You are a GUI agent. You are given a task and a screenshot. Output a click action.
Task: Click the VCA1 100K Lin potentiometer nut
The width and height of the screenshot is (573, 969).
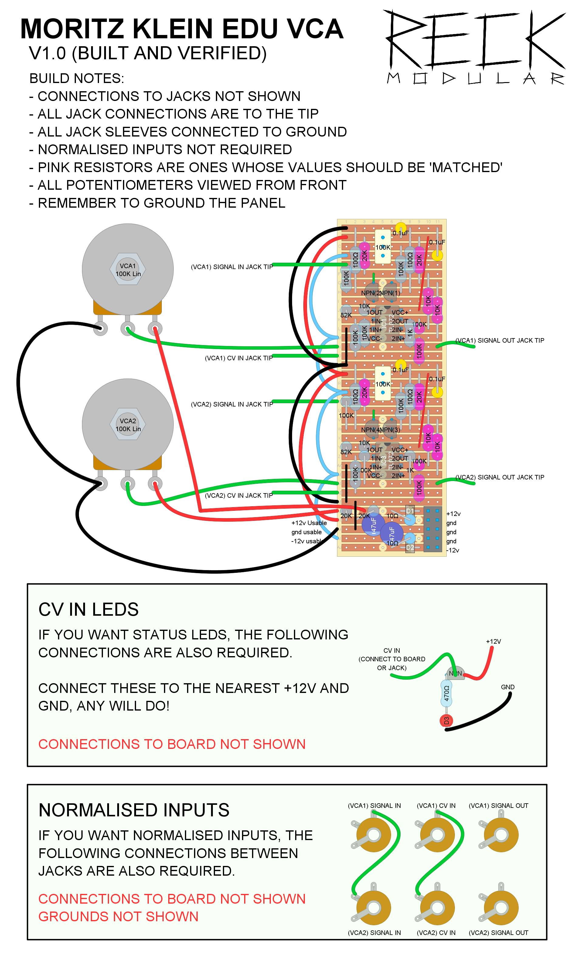point(128,270)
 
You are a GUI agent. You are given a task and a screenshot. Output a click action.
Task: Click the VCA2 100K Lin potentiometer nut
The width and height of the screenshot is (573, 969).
point(128,425)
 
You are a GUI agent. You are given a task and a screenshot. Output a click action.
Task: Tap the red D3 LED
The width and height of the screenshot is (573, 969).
point(446,721)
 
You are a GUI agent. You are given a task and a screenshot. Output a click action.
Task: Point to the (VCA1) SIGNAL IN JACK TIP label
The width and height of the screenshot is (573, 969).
point(232,267)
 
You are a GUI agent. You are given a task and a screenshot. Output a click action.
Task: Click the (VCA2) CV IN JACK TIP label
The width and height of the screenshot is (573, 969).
point(239,496)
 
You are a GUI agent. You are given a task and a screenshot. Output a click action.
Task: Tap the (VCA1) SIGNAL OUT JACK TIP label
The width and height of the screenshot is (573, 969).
point(500,341)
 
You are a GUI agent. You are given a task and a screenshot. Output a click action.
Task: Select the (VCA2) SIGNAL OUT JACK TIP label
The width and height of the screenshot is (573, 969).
point(500,477)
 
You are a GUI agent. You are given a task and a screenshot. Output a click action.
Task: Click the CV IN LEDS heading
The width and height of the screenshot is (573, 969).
point(88,610)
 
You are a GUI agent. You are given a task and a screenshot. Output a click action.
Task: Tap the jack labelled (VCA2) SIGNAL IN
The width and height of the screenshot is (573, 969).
point(373,908)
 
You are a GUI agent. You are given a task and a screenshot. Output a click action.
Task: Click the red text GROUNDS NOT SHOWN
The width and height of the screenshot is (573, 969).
point(118,917)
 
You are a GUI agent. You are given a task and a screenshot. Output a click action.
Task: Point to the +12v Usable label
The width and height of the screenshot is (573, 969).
point(309,523)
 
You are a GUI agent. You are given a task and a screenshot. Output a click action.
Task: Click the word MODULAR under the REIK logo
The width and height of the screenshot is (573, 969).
point(476,78)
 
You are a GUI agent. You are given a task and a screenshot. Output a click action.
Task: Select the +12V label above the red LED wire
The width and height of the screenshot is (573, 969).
point(493,642)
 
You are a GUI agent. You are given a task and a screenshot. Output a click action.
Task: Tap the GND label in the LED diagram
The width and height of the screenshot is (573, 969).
point(508,687)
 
